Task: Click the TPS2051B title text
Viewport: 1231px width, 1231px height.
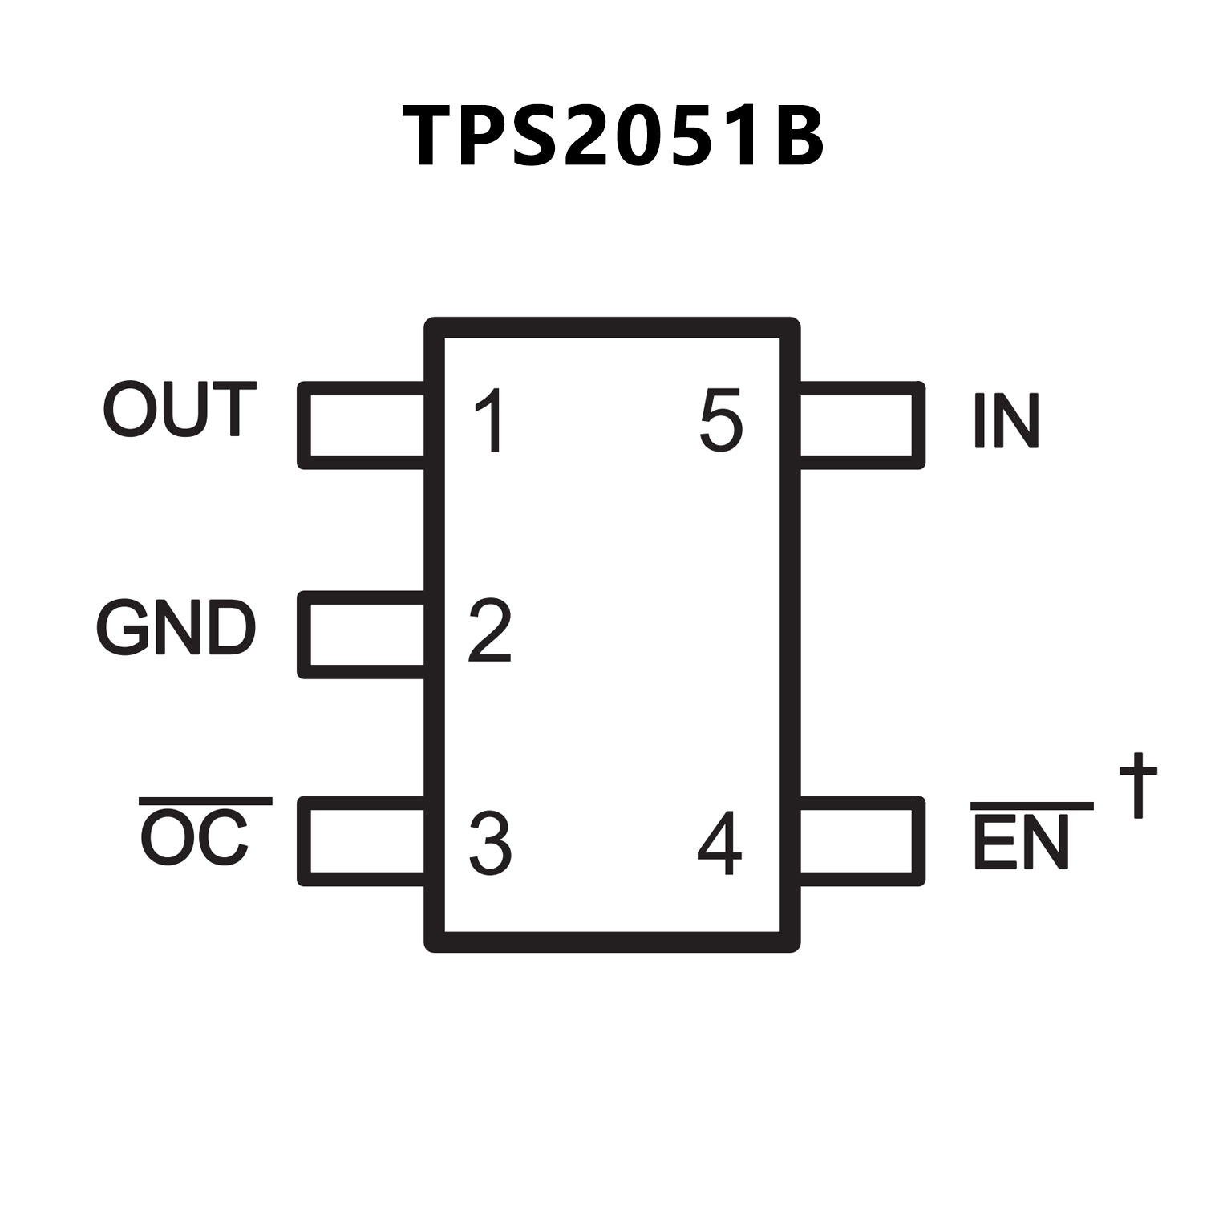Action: [613, 136]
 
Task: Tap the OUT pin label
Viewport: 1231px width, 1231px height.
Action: [180, 410]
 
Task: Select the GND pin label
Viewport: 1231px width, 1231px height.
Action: [176, 628]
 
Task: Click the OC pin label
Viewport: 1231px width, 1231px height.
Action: [195, 839]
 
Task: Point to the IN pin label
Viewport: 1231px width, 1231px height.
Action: [1006, 420]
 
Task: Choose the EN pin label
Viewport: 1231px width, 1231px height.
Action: [1022, 842]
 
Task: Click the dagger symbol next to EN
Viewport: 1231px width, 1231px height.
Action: [1138, 784]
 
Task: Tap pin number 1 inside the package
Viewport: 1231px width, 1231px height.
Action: [489, 420]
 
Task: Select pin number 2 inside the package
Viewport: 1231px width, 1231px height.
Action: [489, 630]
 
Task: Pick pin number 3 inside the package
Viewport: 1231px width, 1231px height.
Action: [490, 843]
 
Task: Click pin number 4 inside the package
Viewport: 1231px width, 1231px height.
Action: [719, 843]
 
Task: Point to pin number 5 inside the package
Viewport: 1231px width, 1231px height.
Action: [721, 420]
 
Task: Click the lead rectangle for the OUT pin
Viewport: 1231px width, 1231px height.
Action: [362, 425]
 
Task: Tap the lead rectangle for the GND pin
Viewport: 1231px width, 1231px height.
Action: [362, 635]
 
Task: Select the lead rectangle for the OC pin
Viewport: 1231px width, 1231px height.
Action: [362, 841]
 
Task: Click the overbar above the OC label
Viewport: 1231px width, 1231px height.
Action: [205, 801]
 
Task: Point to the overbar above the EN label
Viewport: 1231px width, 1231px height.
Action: [1032, 805]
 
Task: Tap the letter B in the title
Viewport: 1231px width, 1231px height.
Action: [794, 136]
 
